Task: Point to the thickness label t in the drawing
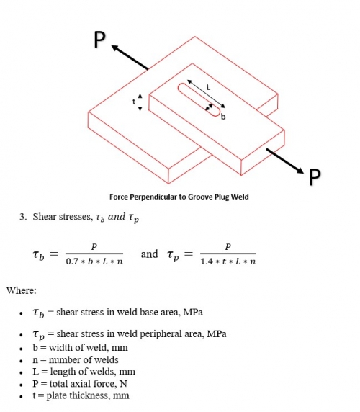132,102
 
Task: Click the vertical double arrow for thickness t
140,102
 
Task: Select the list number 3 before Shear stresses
22,216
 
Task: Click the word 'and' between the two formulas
149,254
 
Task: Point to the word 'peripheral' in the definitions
150,335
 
